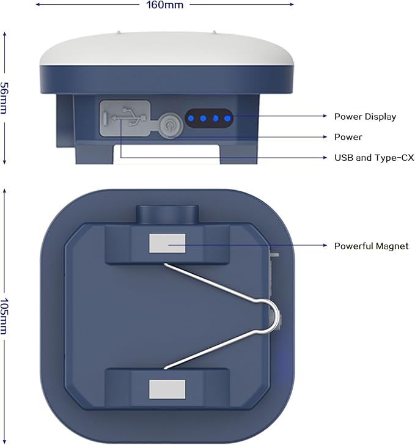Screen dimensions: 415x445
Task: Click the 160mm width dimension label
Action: pos(164,5)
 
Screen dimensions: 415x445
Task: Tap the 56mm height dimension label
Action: pos(4,98)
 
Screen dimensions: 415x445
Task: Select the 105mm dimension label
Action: pos(4,316)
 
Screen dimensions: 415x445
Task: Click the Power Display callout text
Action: pos(365,117)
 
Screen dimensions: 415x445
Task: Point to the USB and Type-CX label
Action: pos(374,158)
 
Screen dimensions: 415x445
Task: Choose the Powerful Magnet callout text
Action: pos(371,246)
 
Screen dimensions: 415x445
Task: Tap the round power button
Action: pos(170,125)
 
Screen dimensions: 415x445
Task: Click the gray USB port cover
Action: pos(125,118)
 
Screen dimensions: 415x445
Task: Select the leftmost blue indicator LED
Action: pos(191,119)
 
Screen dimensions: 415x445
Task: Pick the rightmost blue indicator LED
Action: pos(227,119)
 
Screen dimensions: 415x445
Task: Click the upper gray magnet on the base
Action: pos(167,243)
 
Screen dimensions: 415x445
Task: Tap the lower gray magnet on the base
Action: pos(167,389)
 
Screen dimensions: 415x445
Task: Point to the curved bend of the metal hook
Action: pos(273,315)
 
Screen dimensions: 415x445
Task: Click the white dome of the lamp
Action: pos(166,49)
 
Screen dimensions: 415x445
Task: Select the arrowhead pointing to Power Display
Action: pos(325,116)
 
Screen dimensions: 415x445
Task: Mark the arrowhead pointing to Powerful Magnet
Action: pos(325,245)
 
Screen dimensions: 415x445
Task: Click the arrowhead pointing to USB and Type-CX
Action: pos(325,157)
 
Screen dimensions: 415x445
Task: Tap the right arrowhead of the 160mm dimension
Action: pos(292,4)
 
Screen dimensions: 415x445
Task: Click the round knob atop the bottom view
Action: pos(167,215)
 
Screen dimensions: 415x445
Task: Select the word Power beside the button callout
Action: pos(348,137)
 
